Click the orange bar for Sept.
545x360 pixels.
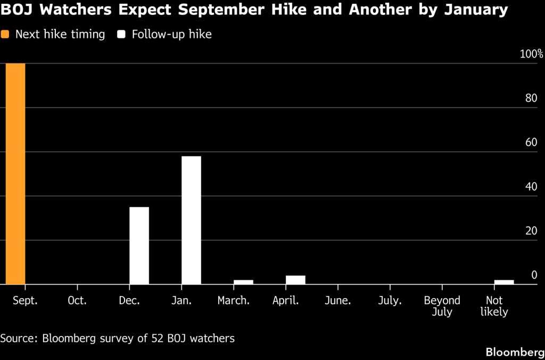[15, 174]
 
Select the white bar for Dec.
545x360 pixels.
[139, 246]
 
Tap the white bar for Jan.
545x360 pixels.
[191, 220]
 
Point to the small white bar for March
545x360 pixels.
[243, 282]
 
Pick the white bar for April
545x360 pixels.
[295, 280]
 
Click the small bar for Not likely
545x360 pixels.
[504, 282]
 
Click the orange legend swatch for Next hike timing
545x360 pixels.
[5, 35]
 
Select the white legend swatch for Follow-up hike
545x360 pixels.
[121, 35]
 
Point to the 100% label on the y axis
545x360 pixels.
[531, 54]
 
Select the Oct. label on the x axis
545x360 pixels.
[77, 300]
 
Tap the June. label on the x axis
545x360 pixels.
[338, 300]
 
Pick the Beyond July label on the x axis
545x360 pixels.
[442, 306]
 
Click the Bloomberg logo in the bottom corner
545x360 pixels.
[515, 351]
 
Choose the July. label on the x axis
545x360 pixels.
[390, 300]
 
